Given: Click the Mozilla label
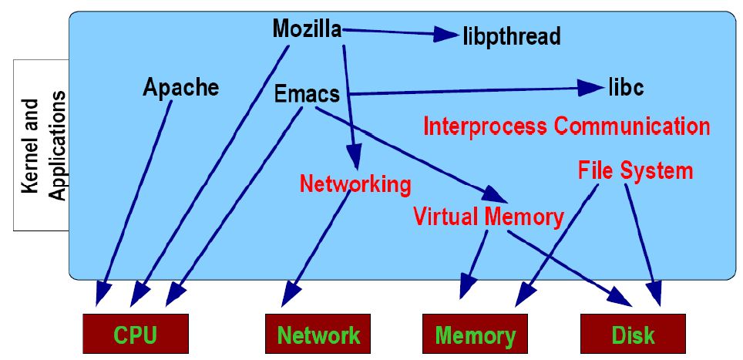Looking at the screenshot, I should coord(307,29).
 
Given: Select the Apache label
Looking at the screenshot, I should coord(180,87).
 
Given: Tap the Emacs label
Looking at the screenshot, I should coord(307,94).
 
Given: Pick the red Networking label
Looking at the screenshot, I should coord(355,184).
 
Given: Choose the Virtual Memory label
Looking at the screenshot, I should coord(488,217).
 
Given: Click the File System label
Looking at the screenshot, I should coord(635,170).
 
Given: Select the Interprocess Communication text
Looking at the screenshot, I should coord(566,126).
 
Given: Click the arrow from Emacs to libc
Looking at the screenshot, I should coord(470,90).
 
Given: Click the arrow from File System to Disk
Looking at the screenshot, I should coord(641,239).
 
